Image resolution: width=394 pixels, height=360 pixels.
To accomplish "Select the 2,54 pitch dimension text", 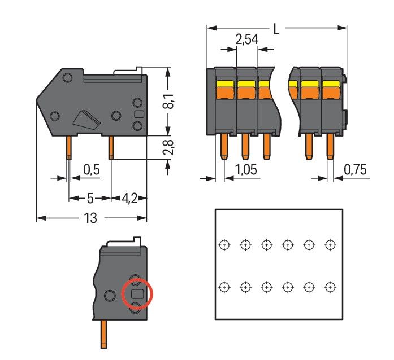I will tap(246, 40).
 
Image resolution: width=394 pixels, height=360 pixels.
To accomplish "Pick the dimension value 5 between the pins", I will tap(89, 199).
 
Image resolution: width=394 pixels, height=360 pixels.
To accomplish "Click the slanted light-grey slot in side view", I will tap(85, 118).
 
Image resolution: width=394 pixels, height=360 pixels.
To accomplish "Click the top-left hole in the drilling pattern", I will tap(224, 245).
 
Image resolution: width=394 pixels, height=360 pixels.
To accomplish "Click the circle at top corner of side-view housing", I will tap(67, 77).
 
